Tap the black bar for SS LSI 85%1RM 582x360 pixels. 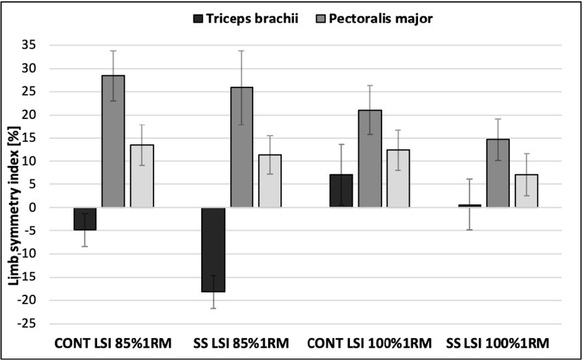[x=214, y=249]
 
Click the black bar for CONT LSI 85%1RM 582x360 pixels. [x=85, y=219]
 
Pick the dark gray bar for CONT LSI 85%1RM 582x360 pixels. [x=113, y=141]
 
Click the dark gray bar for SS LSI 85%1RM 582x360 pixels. [x=242, y=147]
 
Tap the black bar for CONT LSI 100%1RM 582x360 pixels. [x=342, y=191]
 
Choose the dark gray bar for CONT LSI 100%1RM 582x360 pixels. [x=370, y=158]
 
